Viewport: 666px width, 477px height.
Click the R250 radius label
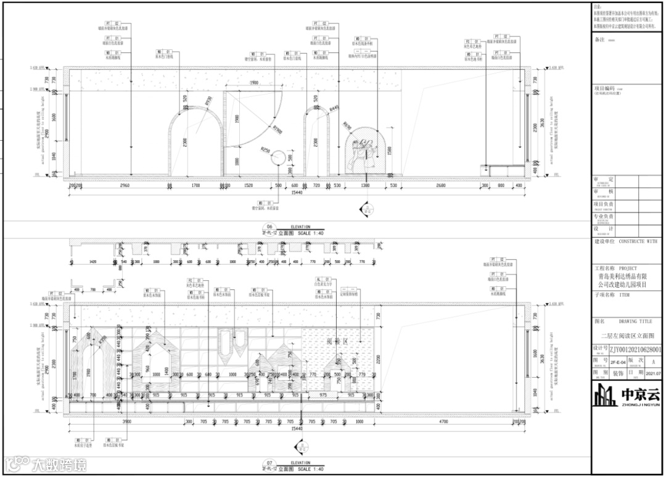[x=266, y=150]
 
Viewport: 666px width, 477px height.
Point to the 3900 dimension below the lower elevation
[x=126, y=421]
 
